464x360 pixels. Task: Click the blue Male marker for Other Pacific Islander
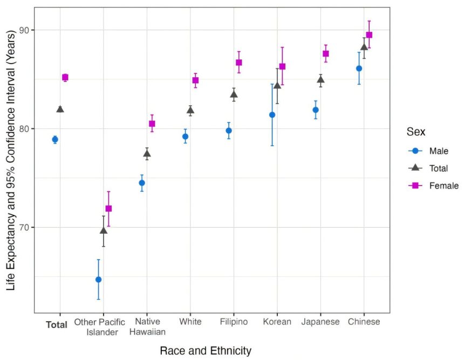98,280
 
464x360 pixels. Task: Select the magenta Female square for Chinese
369,35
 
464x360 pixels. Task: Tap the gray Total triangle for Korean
277,85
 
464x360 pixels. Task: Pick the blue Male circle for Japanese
316,110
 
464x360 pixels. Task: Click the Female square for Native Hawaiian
152,124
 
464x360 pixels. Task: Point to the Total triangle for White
190,110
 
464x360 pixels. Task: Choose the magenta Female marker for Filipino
239,63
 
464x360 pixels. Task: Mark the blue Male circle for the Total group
55,139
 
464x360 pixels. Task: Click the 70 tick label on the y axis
23,227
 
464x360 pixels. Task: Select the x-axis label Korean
277,322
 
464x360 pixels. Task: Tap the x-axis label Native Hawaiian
147,327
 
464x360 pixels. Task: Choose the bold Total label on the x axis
57,325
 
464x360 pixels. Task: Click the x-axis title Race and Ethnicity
206,351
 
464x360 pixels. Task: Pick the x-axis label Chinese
364,322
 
